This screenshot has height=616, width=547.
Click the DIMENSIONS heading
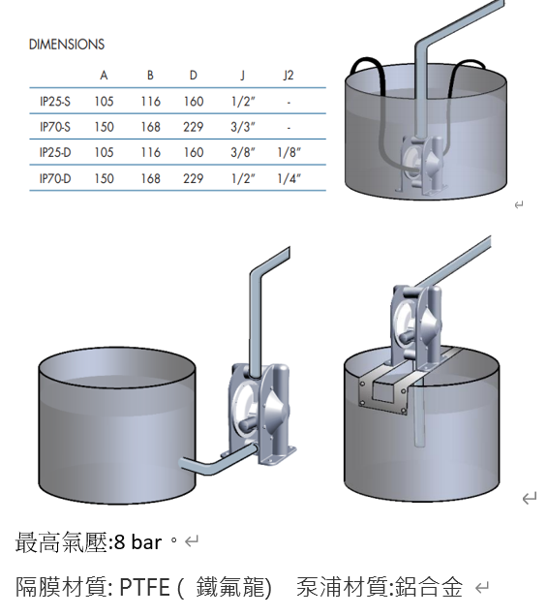point(67,45)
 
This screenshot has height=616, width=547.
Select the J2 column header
point(289,75)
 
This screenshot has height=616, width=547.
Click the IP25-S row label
point(55,102)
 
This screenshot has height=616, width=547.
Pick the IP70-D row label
point(55,178)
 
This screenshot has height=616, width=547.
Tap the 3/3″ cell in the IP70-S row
point(243,127)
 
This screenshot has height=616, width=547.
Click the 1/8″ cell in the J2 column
point(289,152)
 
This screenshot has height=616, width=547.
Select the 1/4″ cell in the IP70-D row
point(289,179)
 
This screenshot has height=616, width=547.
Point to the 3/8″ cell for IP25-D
point(243,152)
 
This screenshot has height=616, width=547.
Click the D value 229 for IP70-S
point(194,127)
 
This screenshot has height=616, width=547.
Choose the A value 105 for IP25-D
point(104,152)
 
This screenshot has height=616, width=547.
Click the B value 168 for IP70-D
point(151,179)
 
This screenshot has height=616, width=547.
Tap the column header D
point(194,75)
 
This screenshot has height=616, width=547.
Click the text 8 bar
point(137,542)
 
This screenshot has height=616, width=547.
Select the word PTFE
point(144,587)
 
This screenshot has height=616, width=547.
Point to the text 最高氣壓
point(61,542)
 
